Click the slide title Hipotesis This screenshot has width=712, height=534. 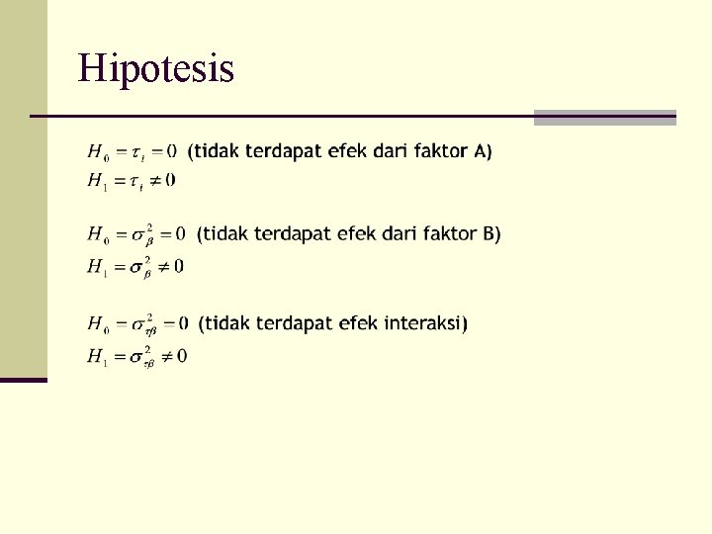click(156, 69)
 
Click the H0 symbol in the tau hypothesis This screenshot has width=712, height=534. click(99, 152)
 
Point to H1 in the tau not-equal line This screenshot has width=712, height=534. click(98, 181)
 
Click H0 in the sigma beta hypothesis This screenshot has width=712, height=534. click(99, 235)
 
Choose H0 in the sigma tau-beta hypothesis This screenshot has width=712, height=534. click(99, 324)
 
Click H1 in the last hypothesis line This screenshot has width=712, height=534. click(98, 355)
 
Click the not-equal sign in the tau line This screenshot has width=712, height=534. click(157, 181)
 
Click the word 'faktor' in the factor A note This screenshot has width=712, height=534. click(441, 151)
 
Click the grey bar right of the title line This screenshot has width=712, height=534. click(604, 117)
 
